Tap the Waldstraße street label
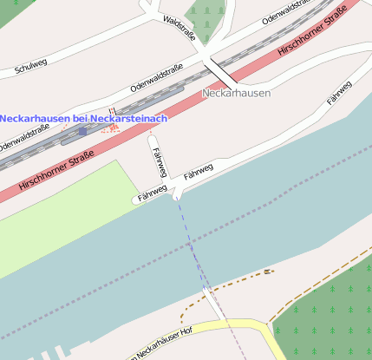pyautogui.click(x=179, y=27)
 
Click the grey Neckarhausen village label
pyautogui.click(x=236, y=93)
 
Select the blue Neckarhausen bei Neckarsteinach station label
pyautogui.click(x=83, y=118)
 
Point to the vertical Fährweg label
pyautogui.click(x=160, y=162)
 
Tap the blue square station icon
pyautogui.click(x=82, y=131)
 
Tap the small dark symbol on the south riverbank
pyautogui.click(x=268, y=272)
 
